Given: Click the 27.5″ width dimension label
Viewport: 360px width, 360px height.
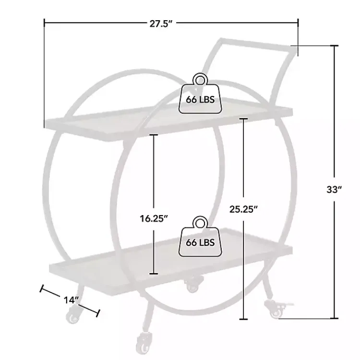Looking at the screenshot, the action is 161,24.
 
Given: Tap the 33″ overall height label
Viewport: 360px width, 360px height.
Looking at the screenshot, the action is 334,190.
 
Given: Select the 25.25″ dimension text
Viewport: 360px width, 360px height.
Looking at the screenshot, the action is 243,209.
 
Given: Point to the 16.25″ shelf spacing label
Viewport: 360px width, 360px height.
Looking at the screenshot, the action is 154,218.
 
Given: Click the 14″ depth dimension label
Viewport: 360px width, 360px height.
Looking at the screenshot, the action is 71,300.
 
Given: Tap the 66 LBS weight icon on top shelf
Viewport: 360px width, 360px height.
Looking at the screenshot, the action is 200,94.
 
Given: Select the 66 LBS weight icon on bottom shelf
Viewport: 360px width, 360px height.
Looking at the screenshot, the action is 200,237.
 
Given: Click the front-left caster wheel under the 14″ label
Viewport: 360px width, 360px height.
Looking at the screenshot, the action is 73,316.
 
